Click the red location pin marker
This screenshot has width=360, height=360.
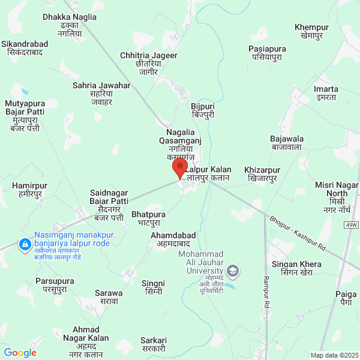click(179, 167)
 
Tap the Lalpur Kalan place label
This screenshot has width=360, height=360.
click(208, 174)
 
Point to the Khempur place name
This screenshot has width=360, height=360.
click(311, 32)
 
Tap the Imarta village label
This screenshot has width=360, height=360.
click(326, 93)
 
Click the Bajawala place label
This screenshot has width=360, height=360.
click(287, 143)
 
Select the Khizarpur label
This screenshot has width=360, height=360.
click(263, 175)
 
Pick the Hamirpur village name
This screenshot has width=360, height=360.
click(29, 190)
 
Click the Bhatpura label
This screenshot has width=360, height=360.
click(148, 218)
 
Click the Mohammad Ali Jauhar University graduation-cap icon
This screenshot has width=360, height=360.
click(233, 272)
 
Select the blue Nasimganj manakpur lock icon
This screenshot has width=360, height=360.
click(25, 245)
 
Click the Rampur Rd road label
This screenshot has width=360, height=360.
click(266, 295)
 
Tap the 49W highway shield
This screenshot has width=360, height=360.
click(351, 225)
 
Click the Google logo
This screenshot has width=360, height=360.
click(20, 353)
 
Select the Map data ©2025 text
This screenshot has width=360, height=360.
click(334, 355)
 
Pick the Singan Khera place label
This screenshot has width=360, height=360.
click(296, 268)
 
